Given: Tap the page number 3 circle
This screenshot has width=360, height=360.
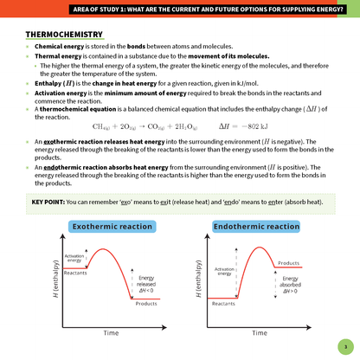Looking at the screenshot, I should pyautogui.click(x=344, y=344).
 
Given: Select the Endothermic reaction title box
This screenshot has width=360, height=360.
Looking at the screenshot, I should pyautogui.click(x=256, y=227).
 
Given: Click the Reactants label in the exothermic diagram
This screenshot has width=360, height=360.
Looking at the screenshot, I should pyautogui.click(x=75, y=273).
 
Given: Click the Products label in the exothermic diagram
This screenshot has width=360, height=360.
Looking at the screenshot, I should pyautogui.click(x=146, y=304).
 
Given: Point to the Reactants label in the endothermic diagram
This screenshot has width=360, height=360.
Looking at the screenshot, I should pyautogui.click(x=223, y=304).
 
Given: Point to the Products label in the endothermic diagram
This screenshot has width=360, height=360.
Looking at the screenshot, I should pyautogui.click(x=289, y=262).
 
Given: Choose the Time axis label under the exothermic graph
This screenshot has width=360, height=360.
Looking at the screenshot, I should pyautogui.click(x=111, y=332).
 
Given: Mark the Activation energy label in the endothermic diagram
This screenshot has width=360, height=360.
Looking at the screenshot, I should pyautogui.click(x=224, y=272).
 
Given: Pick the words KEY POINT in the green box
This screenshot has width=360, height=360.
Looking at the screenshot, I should pyautogui.click(x=47, y=202).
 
